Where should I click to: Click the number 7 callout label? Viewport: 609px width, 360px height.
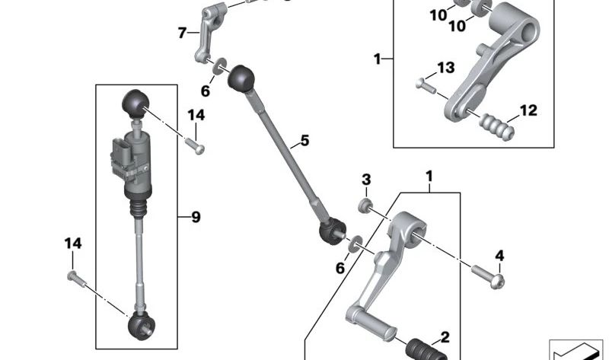182,33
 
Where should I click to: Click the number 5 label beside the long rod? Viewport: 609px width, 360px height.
305,140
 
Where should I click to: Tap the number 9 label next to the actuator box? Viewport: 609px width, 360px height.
196,217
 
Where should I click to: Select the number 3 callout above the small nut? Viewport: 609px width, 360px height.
366,180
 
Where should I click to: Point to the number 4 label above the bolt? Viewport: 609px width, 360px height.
499,256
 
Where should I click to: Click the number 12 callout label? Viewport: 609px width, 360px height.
528,110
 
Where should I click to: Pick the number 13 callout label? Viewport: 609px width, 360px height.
446,68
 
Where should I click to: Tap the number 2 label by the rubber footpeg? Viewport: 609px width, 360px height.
445,337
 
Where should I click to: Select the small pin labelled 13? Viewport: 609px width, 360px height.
426,85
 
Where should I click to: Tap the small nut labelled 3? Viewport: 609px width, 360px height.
365,205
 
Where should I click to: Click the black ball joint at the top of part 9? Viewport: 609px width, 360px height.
136,103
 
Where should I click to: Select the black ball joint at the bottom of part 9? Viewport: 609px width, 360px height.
142,326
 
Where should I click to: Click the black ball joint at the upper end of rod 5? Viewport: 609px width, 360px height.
241,78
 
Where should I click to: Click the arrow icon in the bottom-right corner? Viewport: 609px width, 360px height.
576,349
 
